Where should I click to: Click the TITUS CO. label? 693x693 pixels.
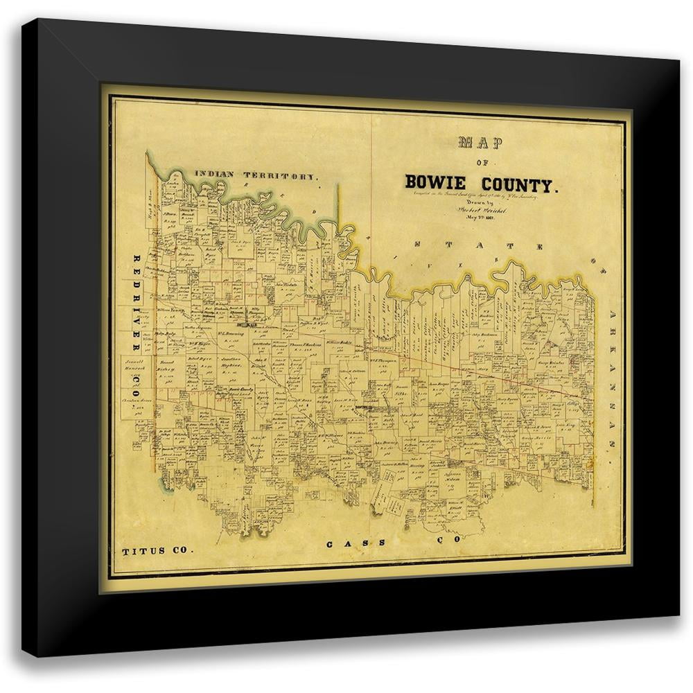pos(155,552)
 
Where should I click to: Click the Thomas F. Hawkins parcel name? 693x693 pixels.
pos(304,345)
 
